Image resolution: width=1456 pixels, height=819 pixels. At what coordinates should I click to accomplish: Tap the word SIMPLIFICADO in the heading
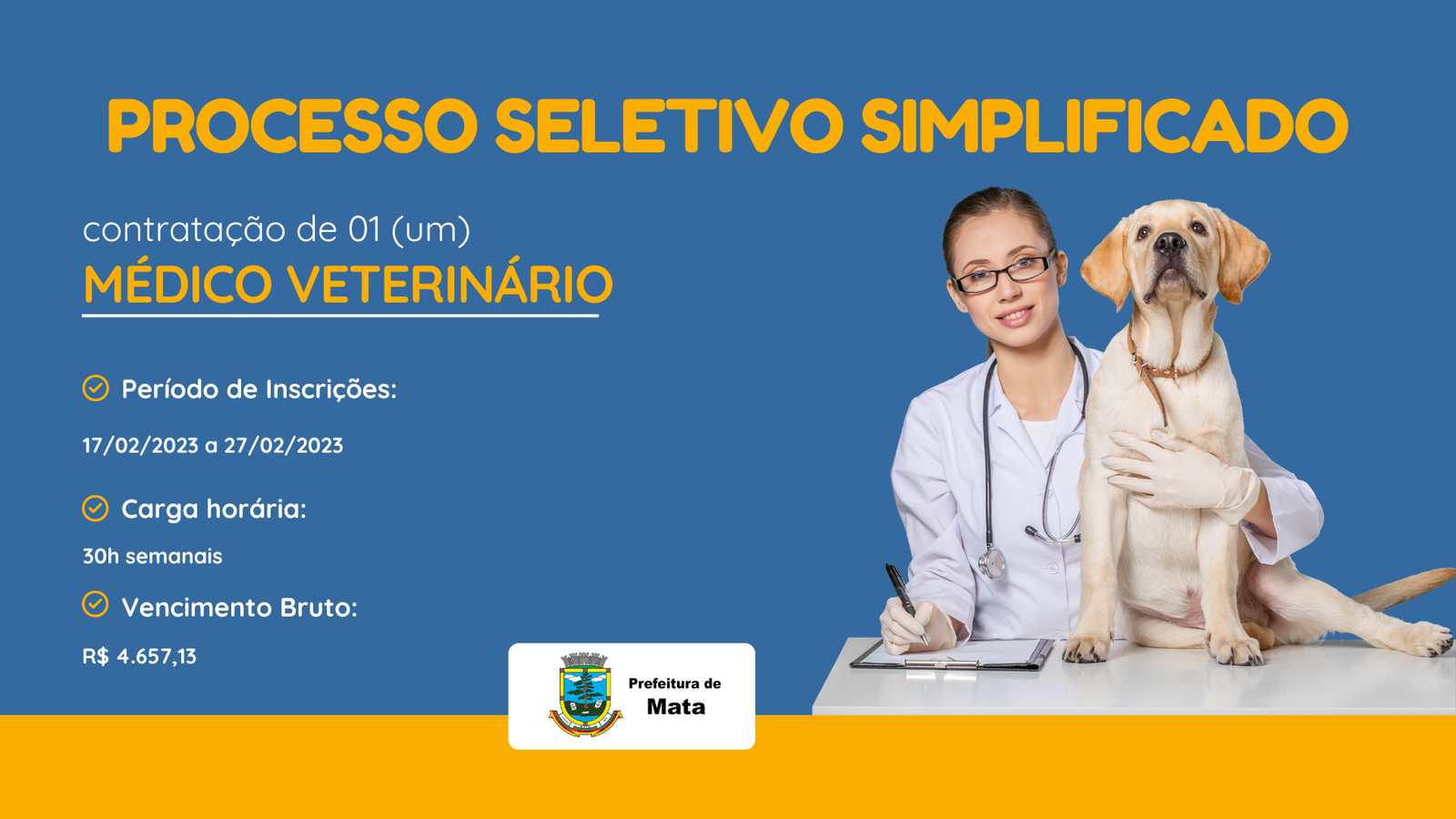[x=1105, y=126]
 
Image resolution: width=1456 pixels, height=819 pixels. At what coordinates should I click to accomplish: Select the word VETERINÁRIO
[x=450, y=284]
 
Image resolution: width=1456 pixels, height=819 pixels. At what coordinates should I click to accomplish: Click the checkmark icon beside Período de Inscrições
[x=96, y=388]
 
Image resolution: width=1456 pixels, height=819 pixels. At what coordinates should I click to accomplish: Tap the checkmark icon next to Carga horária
[x=96, y=509]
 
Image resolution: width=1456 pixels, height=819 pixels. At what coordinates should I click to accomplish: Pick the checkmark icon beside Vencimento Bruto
[x=96, y=604]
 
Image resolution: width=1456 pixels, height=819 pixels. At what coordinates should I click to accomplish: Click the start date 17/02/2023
[x=140, y=445]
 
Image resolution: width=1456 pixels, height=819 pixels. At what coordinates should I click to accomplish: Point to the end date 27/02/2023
[x=283, y=445]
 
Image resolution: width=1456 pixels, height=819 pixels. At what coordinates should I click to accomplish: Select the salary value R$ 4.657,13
[x=139, y=656]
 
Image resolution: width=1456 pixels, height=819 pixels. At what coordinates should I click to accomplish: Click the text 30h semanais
[x=152, y=556]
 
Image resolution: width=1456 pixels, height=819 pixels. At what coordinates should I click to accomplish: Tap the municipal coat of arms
[x=585, y=694]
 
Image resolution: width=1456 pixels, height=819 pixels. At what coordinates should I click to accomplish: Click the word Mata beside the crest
[x=676, y=706]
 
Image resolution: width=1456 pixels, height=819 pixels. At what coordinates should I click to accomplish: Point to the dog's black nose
[x=1169, y=244]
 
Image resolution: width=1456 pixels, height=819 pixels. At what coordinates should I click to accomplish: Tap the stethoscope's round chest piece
[x=992, y=563]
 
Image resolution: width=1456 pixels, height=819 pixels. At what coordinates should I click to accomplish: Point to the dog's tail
[x=1404, y=587]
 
